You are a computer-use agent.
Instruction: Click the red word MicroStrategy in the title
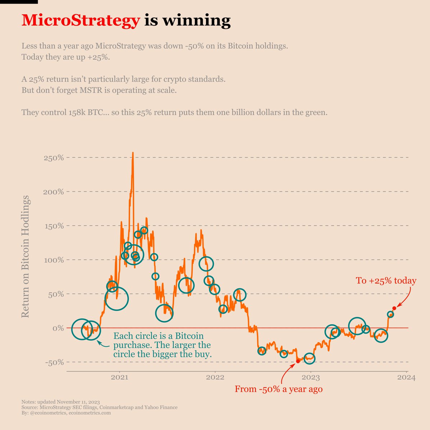[80, 21]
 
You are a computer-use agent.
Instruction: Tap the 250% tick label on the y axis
[53, 158]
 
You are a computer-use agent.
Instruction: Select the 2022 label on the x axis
[215, 378]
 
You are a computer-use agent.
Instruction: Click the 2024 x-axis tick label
[407, 378]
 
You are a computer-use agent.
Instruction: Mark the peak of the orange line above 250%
[133, 153]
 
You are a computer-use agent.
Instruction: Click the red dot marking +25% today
[394, 308]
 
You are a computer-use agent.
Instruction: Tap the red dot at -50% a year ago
[298, 361]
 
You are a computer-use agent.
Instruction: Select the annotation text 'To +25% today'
[386, 281]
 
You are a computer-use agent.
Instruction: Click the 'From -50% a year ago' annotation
[278, 389]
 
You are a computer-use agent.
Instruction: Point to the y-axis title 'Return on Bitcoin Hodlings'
[25, 257]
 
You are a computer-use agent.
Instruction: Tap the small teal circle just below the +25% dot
[390, 314]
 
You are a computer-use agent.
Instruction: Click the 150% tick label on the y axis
[53, 226]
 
